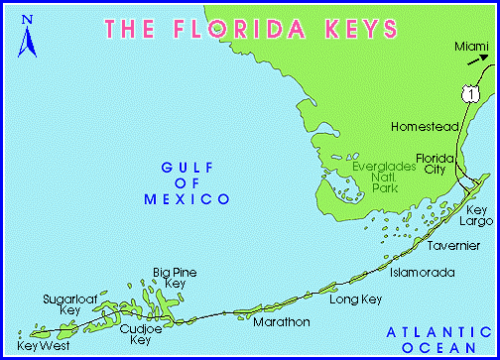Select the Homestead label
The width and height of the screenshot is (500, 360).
pos(423,128)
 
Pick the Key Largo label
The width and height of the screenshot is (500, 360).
pos(477,217)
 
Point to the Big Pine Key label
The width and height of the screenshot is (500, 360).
pos(170,277)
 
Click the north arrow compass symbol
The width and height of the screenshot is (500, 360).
pos(30,37)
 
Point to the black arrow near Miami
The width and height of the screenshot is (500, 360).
pos(477,62)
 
